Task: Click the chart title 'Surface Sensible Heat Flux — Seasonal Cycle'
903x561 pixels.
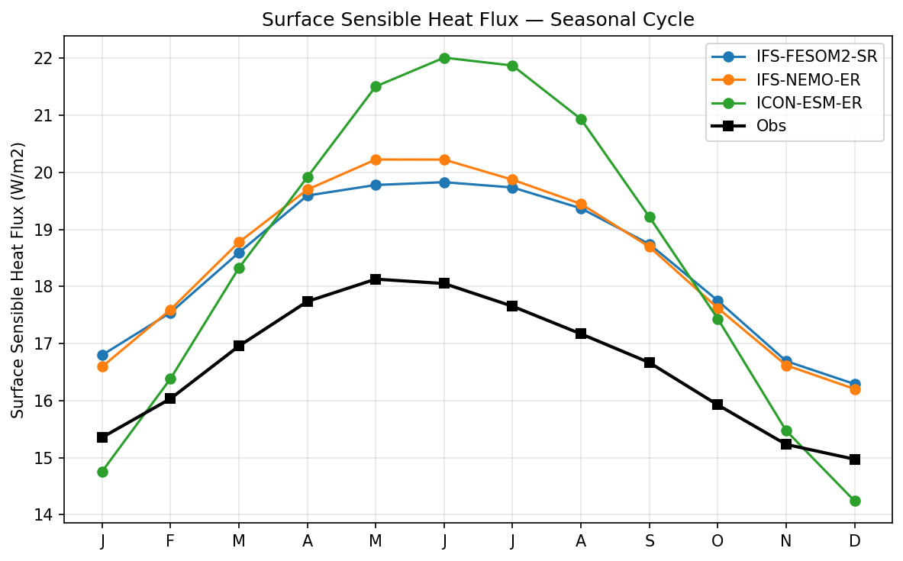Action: tap(478, 20)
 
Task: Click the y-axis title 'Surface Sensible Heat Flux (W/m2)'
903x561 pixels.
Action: tap(18, 279)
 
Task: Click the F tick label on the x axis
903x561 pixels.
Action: tap(170, 540)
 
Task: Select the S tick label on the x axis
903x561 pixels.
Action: tap(650, 540)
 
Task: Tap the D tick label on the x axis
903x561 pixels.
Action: tap(855, 540)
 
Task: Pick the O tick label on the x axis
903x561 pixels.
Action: tap(718, 540)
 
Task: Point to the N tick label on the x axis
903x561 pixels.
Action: tap(786, 540)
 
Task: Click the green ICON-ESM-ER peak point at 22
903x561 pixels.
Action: tap(444, 58)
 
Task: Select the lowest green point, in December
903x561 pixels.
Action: tap(855, 501)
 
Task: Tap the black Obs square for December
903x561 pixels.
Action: tap(855, 459)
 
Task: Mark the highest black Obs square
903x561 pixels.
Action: tap(376, 279)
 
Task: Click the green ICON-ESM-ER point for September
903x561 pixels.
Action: tap(650, 217)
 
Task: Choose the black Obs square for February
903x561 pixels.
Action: tap(170, 398)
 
